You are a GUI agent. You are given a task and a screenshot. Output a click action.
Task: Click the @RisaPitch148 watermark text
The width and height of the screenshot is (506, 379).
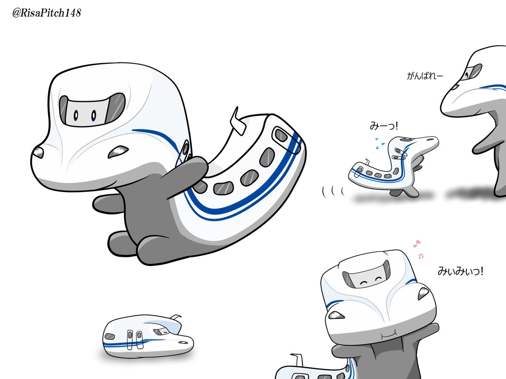pos(46,13)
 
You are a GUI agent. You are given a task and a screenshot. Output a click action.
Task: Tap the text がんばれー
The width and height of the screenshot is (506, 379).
pos(425,76)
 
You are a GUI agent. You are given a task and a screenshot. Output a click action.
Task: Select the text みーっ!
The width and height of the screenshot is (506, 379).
pos(384,126)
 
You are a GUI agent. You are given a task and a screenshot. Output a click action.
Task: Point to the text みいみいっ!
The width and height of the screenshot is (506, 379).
pos(460,271)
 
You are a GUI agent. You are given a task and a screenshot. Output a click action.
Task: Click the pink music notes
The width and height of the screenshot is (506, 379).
pos(418,249)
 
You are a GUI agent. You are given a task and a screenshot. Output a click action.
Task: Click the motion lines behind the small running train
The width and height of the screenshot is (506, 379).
pos(333,192)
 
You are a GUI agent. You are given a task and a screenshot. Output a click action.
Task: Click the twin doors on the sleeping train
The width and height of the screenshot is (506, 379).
pos(135,339)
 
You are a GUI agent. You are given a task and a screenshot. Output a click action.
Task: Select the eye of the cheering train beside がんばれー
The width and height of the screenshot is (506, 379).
pos(467,75)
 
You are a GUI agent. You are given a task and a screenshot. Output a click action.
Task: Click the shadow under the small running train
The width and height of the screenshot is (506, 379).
pos(392,198)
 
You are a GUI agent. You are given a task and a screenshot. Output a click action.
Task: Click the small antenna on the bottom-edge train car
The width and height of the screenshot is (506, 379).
pos(297,360)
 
